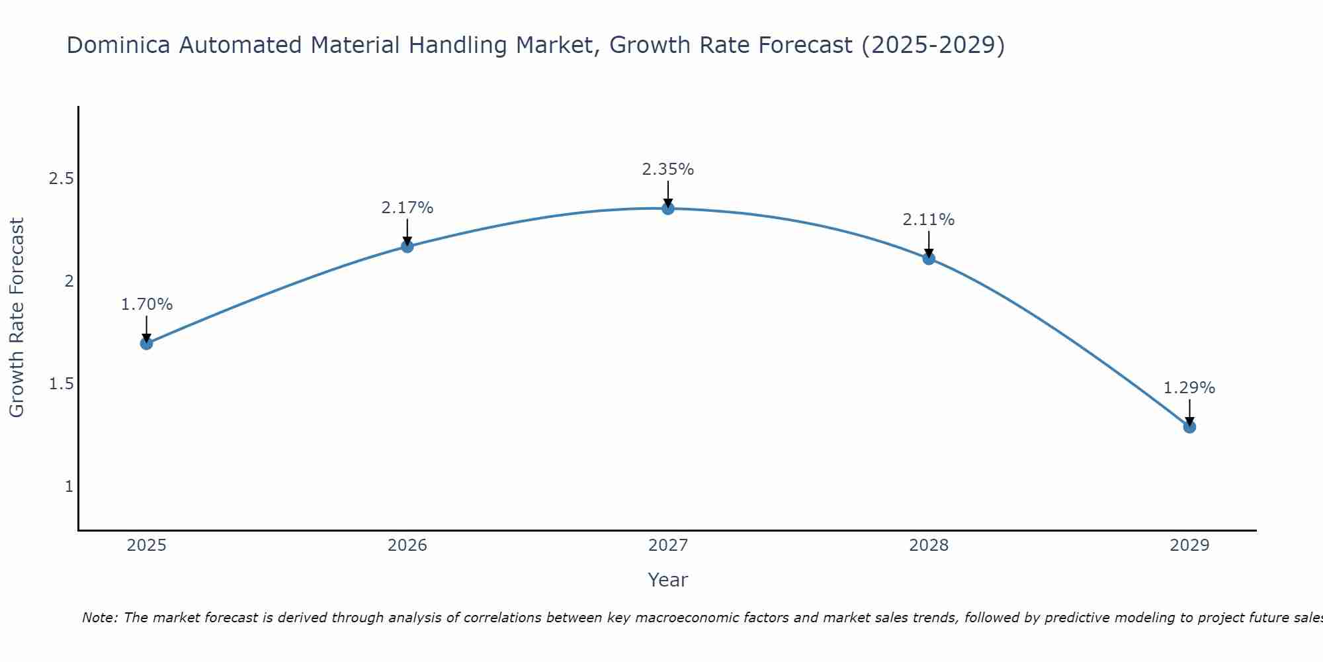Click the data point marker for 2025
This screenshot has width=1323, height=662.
[147, 343]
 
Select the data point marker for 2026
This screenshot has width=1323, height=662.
[407, 246]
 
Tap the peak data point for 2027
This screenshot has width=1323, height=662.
[668, 209]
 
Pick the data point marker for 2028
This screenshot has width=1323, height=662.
[929, 258]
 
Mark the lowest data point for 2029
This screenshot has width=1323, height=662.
[1189, 427]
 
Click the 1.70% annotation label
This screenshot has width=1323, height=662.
[147, 305]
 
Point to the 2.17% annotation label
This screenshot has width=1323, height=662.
[407, 208]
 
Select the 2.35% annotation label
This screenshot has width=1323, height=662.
[668, 169]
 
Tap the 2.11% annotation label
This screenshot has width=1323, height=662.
[929, 220]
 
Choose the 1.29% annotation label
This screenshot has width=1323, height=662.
[1189, 388]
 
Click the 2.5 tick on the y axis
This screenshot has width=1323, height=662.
[61, 179]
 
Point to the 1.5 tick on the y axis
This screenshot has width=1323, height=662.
[61, 384]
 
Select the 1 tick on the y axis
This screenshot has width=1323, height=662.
[69, 487]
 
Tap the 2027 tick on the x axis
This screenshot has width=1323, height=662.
[668, 545]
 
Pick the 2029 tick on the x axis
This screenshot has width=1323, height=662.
[1189, 545]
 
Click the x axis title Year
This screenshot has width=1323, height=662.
[668, 580]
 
